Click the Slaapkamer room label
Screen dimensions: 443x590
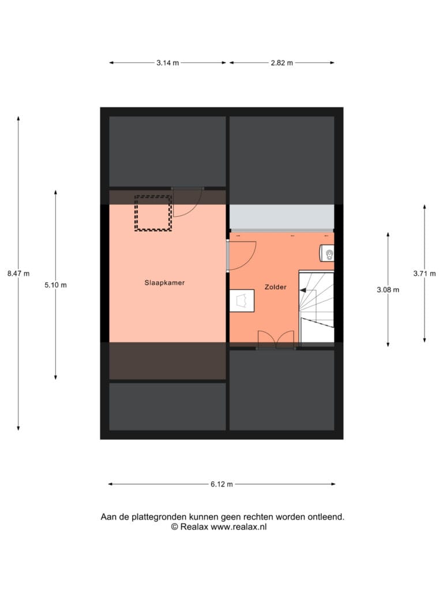(x=164, y=282)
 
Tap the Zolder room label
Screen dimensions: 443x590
(x=275, y=287)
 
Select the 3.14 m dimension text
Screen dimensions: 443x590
(x=168, y=63)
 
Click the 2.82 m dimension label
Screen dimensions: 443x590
(x=281, y=63)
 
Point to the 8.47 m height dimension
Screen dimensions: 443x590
(x=18, y=274)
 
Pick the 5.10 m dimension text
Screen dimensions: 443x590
(x=56, y=285)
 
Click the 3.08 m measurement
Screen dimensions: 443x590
(x=388, y=290)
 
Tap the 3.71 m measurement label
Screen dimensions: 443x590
(x=425, y=274)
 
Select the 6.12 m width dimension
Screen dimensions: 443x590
(x=221, y=484)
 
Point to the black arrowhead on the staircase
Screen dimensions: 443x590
(x=302, y=290)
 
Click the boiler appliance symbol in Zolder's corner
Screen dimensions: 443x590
(x=327, y=253)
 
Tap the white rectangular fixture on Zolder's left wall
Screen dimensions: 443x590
(x=242, y=301)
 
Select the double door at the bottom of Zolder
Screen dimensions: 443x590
(x=276, y=340)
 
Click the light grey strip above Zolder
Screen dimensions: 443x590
(x=281, y=217)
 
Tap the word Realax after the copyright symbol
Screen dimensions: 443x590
(x=194, y=527)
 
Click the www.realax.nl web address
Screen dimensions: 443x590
(x=238, y=527)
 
